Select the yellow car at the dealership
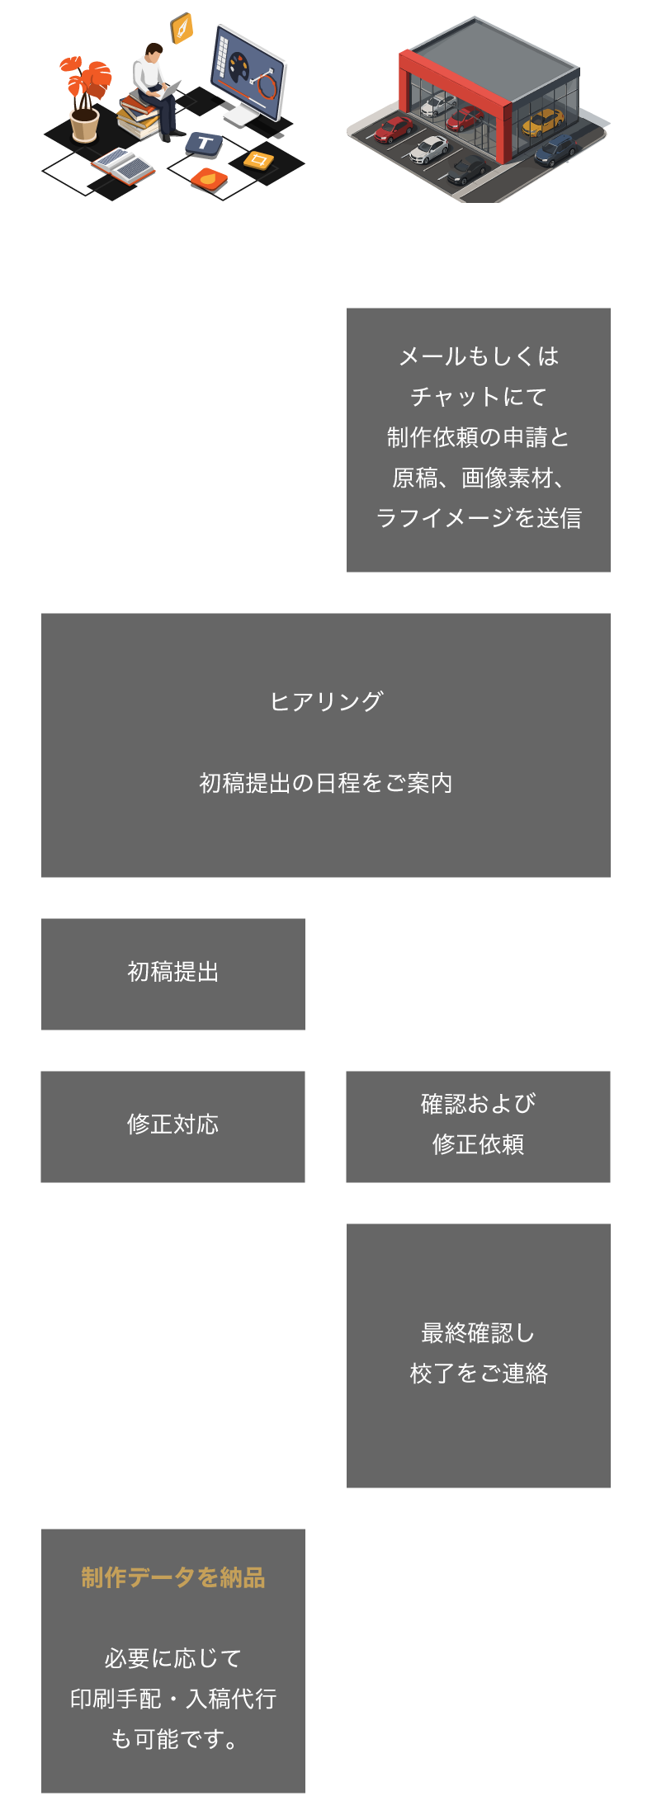(x=543, y=121)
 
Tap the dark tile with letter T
(x=204, y=144)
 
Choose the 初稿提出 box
(x=173, y=973)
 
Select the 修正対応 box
(x=173, y=1126)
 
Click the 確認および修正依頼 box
(x=478, y=1126)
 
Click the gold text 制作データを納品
(x=173, y=1577)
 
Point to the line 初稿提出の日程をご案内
(x=326, y=783)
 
